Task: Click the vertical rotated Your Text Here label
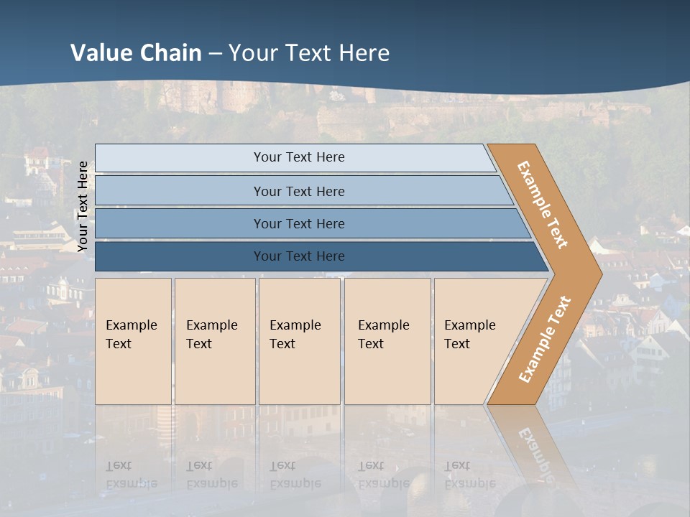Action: click(x=83, y=207)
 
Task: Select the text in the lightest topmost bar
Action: click(x=299, y=157)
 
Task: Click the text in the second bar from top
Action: click(x=299, y=191)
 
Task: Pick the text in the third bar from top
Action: click(x=299, y=223)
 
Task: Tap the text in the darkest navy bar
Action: click(x=299, y=256)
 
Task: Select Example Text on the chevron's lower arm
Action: click(x=545, y=339)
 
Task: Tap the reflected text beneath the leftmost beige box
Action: click(x=132, y=475)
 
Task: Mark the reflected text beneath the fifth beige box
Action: click(x=470, y=475)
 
